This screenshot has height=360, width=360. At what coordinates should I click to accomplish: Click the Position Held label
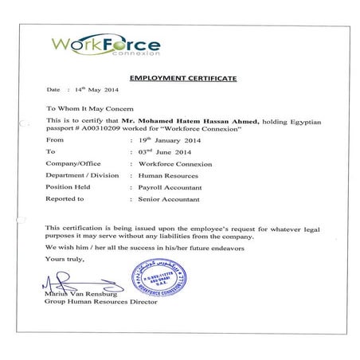(x=66, y=186)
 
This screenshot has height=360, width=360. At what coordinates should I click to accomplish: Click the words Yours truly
(x=63, y=259)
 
